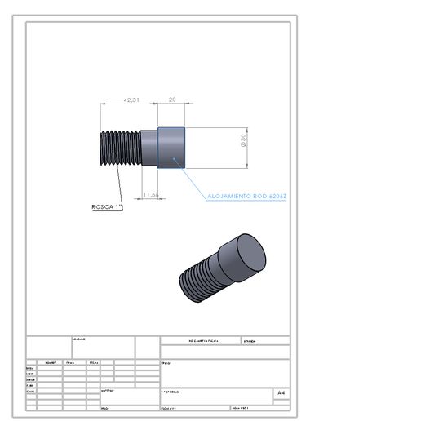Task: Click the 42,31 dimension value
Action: tap(131, 99)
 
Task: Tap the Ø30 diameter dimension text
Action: tap(243, 142)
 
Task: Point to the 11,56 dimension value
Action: tap(149, 195)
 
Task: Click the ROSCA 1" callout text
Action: tap(106, 207)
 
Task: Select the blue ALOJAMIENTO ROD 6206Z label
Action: tap(247, 197)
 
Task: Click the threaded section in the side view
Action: tap(119, 148)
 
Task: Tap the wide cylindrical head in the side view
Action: tap(171, 147)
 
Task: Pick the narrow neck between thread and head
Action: tap(148, 148)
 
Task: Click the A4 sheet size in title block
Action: tap(281, 393)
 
